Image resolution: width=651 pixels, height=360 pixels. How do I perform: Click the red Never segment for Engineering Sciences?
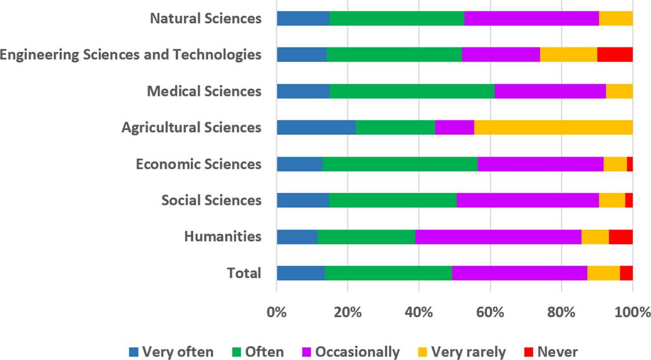(614, 54)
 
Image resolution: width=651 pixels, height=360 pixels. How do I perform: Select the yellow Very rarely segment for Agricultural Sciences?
(553, 127)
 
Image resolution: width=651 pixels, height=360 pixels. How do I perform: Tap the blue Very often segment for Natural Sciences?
(303, 18)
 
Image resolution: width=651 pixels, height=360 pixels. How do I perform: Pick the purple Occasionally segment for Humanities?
(498, 236)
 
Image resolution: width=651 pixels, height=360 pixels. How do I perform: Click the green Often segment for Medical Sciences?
(412, 91)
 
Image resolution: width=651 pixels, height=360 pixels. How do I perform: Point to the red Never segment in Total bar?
(626, 273)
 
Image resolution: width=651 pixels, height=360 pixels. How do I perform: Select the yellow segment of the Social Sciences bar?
(612, 200)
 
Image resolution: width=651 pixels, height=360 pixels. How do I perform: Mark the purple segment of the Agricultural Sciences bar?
(455, 127)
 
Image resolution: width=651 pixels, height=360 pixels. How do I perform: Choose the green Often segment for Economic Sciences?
(400, 164)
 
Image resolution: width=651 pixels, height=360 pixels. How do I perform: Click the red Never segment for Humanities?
(620, 236)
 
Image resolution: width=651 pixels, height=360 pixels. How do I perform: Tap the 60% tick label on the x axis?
(490, 312)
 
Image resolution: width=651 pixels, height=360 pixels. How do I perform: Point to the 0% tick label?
(277, 312)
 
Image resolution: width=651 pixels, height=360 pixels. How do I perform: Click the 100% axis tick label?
(632, 312)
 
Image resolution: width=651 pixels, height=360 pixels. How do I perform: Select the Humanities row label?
(223, 236)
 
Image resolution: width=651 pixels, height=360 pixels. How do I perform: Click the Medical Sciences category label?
(204, 92)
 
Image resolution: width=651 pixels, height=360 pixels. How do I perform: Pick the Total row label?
(244, 273)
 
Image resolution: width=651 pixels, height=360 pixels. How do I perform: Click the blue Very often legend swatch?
(134, 352)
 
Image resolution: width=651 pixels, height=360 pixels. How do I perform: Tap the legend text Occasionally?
(357, 352)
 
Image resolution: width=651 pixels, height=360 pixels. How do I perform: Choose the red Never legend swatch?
(528, 352)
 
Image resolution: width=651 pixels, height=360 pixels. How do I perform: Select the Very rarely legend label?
(468, 352)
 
